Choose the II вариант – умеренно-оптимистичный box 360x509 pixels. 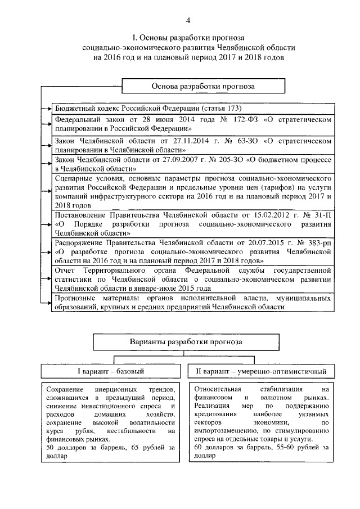tap(260, 372)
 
